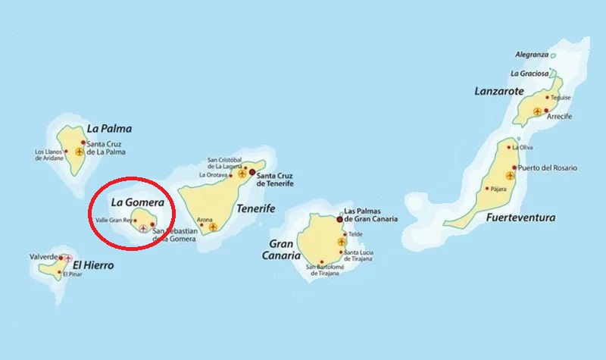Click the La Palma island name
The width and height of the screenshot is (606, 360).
point(110,128)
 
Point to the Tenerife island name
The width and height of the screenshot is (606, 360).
point(255,208)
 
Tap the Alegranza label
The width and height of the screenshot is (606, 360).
point(532,55)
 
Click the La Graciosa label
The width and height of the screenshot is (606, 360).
point(529,74)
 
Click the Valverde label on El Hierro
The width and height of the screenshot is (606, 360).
point(43,258)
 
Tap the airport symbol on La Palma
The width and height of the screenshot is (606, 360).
point(79,152)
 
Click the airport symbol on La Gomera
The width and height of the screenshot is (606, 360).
point(144,228)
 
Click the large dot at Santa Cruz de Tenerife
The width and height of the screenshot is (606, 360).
point(252,173)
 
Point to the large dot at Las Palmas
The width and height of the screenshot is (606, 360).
point(339,219)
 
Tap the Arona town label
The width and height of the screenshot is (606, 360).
point(205,220)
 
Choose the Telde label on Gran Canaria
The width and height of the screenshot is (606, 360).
point(355,234)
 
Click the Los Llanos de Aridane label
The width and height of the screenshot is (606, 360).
point(51,154)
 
